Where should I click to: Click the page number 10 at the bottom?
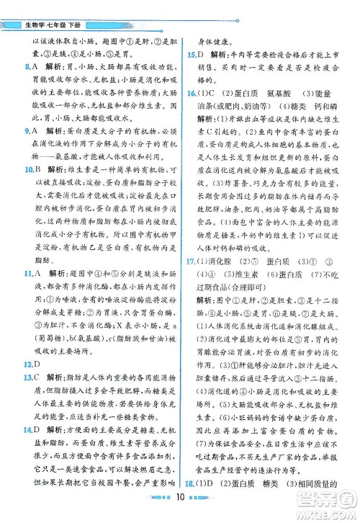[181, 512]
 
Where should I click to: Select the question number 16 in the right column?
[189, 93]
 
